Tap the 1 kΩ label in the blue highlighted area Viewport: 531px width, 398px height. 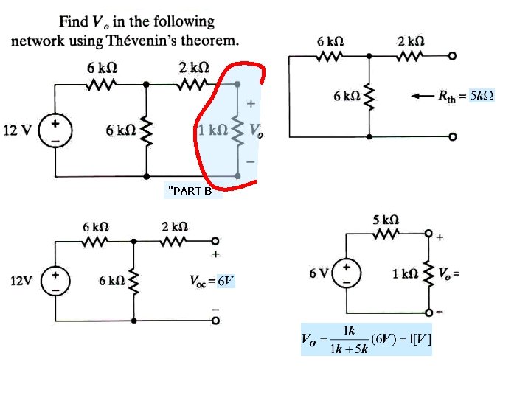click(x=214, y=130)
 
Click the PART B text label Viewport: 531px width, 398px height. click(x=191, y=192)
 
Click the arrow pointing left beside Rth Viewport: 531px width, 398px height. click(x=422, y=96)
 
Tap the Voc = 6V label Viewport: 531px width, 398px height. click(x=213, y=281)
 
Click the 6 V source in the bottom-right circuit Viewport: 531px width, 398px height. click(x=348, y=273)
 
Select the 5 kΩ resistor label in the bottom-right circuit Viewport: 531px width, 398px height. click(x=386, y=219)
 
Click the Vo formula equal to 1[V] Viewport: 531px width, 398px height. click(x=367, y=339)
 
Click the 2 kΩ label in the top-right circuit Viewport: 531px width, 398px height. click(x=411, y=41)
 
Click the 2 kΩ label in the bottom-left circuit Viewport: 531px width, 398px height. click(x=175, y=225)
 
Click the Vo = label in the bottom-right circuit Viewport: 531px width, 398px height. click(x=449, y=273)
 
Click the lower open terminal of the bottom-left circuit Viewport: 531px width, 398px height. click(x=215, y=321)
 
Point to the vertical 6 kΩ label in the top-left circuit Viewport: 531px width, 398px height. click(x=120, y=130)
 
